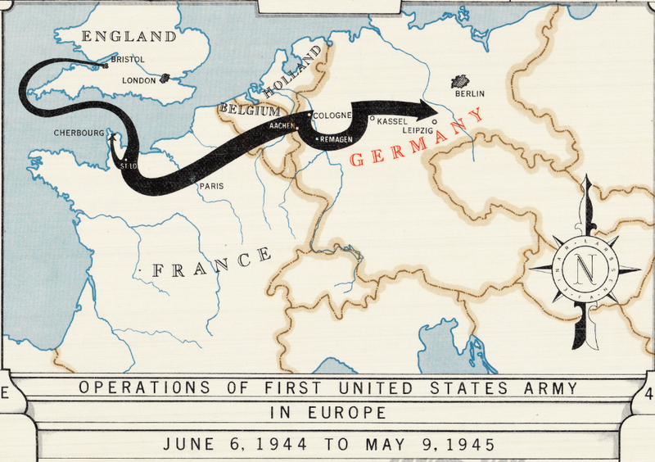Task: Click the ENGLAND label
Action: click(x=130, y=36)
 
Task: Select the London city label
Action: click(x=138, y=80)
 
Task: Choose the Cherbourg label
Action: click(x=79, y=132)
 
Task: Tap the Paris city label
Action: click(x=210, y=186)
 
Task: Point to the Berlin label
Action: click(x=470, y=93)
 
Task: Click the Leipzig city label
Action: click(x=418, y=130)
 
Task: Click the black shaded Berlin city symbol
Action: click(x=462, y=81)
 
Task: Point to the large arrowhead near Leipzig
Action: click(x=427, y=108)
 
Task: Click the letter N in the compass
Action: click(x=585, y=268)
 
